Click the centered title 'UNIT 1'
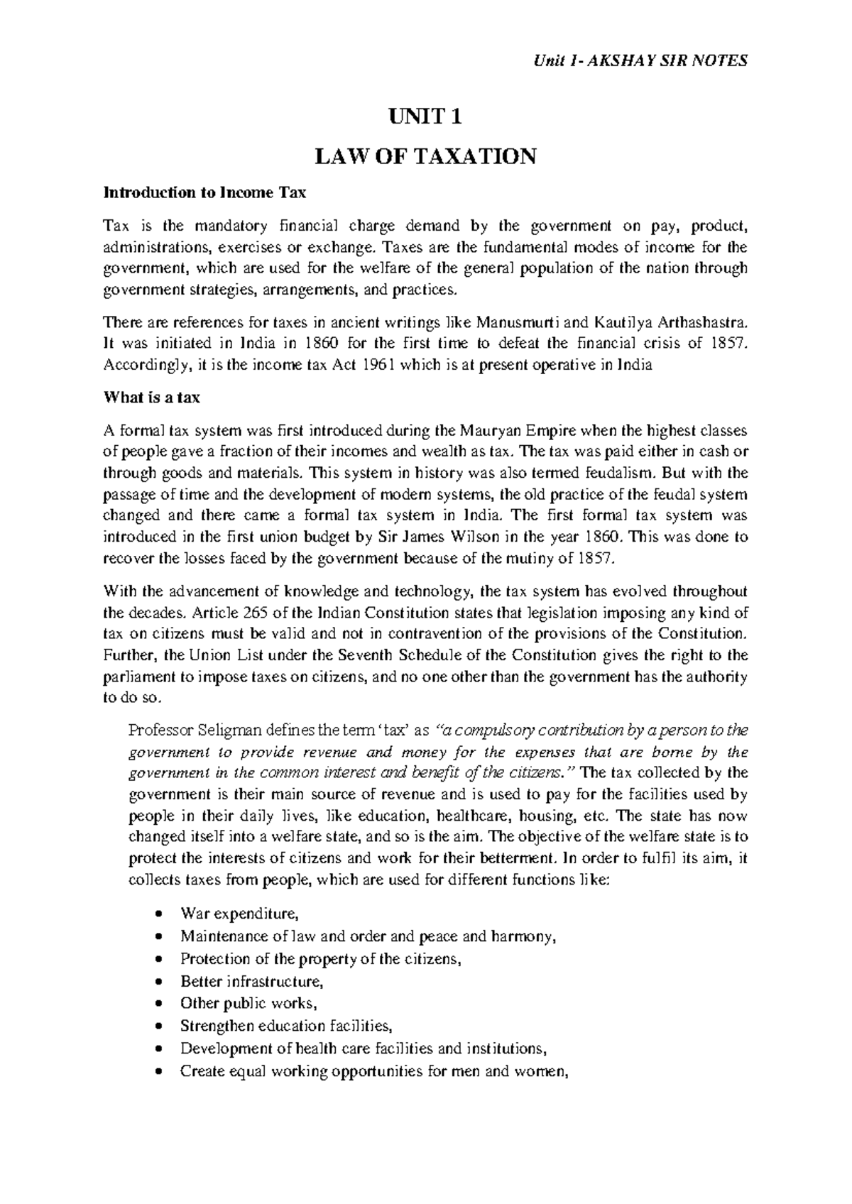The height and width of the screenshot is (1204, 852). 425,117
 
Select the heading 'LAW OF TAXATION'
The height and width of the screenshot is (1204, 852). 425,156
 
